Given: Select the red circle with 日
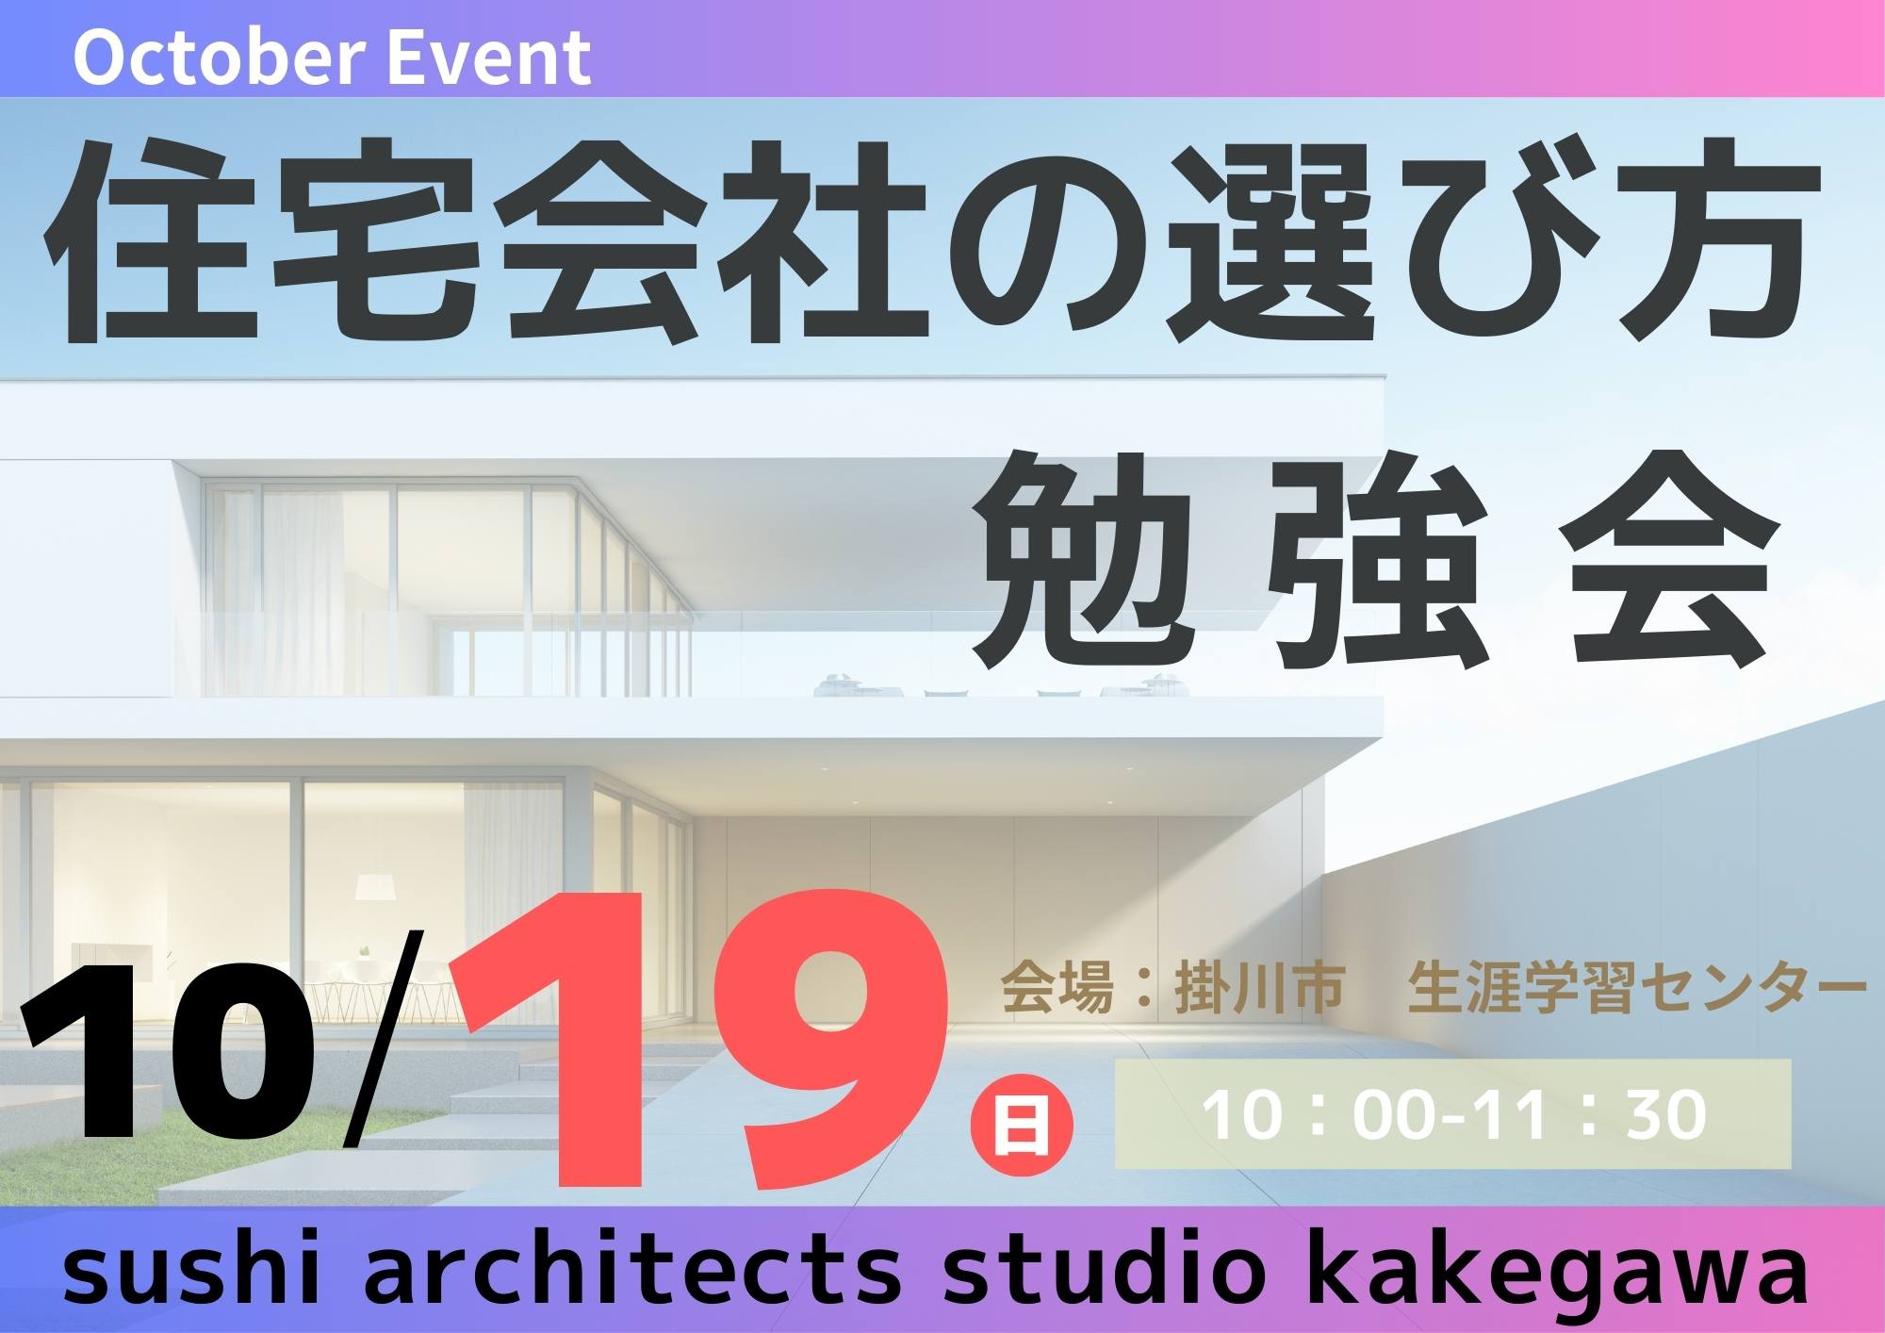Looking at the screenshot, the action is (1023, 1125).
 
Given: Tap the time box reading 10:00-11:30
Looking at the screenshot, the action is (1452, 1114).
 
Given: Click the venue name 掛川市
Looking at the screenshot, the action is (1258, 989).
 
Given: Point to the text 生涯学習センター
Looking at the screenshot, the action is (1637, 989).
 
